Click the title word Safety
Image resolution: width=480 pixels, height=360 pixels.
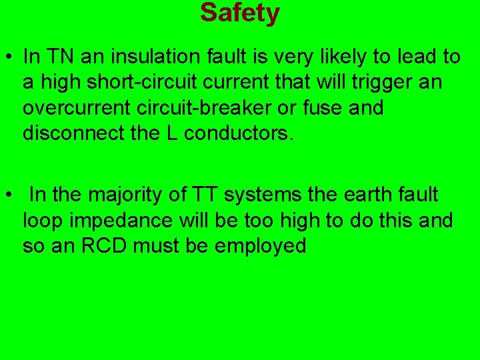(240, 13)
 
